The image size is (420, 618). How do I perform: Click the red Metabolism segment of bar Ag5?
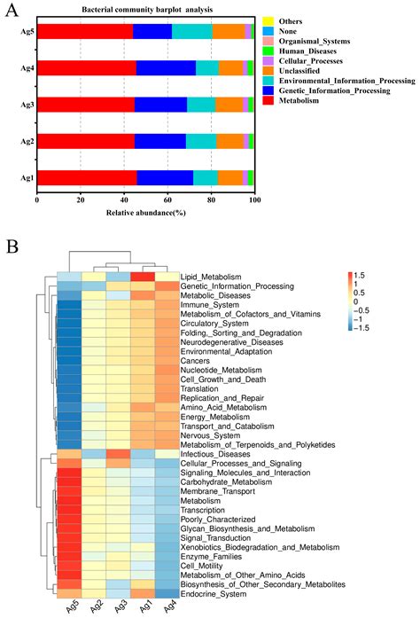pos(84,32)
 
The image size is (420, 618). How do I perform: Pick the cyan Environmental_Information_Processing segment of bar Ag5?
pos(192,32)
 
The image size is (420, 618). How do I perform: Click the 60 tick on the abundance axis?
pos(167,200)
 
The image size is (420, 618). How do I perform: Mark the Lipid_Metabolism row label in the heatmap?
pos(211,278)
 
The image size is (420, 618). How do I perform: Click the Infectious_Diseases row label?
pos(215,453)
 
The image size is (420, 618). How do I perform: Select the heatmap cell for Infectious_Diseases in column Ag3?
pos(118,453)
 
